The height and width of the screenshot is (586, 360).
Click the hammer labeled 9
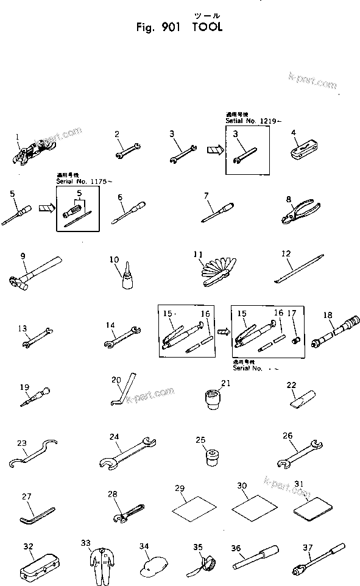pyautogui.click(x=33, y=275)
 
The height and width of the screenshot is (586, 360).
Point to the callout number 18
pyautogui.click(x=328, y=315)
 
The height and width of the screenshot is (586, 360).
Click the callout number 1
pyautogui.click(x=18, y=137)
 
